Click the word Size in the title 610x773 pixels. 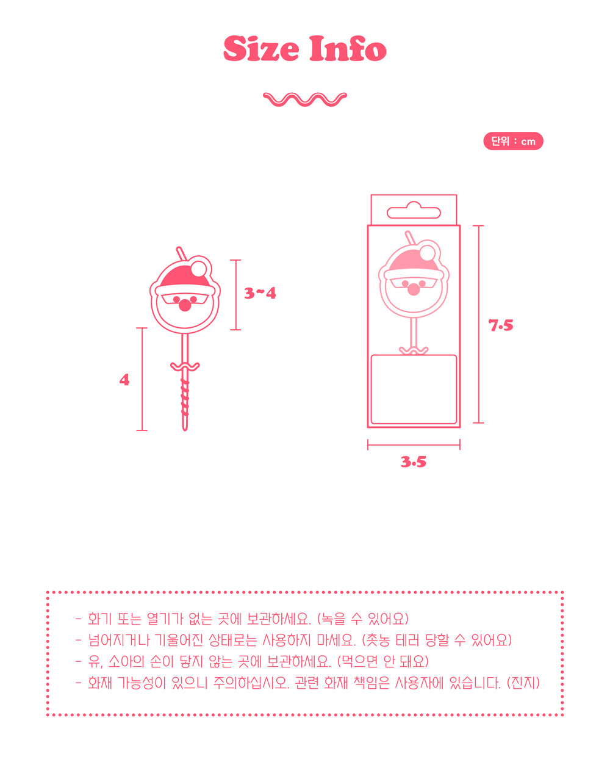(x=261, y=48)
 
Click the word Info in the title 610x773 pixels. (x=348, y=48)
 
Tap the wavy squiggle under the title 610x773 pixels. (x=304, y=99)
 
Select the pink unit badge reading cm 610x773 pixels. (x=513, y=141)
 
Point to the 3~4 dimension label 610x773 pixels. (x=260, y=293)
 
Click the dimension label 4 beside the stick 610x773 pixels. (x=124, y=380)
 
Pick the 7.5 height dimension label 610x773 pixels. (x=501, y=325)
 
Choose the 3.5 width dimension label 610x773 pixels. (x=414, y=462)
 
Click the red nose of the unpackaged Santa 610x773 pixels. (x=185, y=305)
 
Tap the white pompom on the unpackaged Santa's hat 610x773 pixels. (x=199, y=269)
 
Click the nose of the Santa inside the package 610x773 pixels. (x=414, y=289)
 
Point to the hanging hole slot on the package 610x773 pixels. (x=414, y=211)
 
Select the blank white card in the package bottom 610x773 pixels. (x=414, y=390)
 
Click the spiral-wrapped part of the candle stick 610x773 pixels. (x=185, y=397)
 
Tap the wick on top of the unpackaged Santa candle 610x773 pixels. (x=181, y=253)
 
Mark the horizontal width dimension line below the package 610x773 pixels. (x=414, y=445)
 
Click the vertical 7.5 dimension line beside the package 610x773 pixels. (x=478, y=324)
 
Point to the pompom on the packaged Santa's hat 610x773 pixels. (x=427, y=253)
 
